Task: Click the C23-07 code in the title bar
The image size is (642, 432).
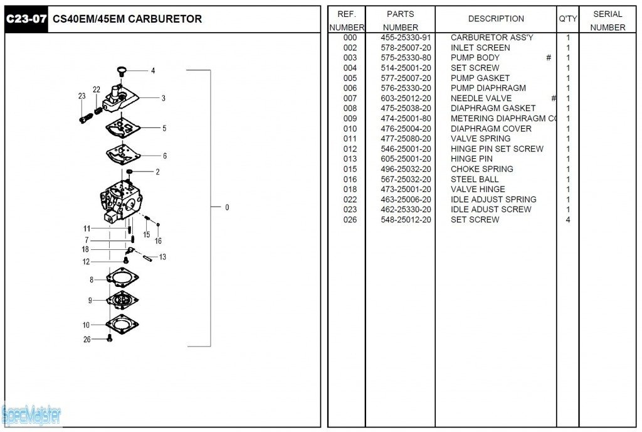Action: [x=26, y=19]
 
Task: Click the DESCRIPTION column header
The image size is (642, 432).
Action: [x=496, y=19]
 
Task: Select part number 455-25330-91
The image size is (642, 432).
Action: [x=406, y=38]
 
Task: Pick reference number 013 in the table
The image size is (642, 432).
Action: [x=350, y=159]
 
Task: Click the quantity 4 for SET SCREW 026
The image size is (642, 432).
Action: [x=568, y=220]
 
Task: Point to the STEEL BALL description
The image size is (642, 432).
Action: [x=475, y=179]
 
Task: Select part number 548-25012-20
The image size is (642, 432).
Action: [x=406, y=220]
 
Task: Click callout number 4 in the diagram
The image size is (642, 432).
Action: [x=153, y=71]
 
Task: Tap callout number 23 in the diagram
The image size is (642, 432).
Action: [x=82, y=96]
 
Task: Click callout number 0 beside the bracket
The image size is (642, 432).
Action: [x=227, y=207]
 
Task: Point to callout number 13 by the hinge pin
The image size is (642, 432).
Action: [x=162, y=257]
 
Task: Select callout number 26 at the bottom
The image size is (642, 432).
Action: [x=87, y=340]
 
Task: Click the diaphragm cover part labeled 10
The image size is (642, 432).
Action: [x=123, y=324]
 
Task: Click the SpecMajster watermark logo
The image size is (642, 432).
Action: [x=31, y=414]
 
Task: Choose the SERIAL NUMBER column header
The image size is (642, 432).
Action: [x=608, y=21]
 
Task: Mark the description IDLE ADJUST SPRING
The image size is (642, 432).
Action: [x=485, y=200]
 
